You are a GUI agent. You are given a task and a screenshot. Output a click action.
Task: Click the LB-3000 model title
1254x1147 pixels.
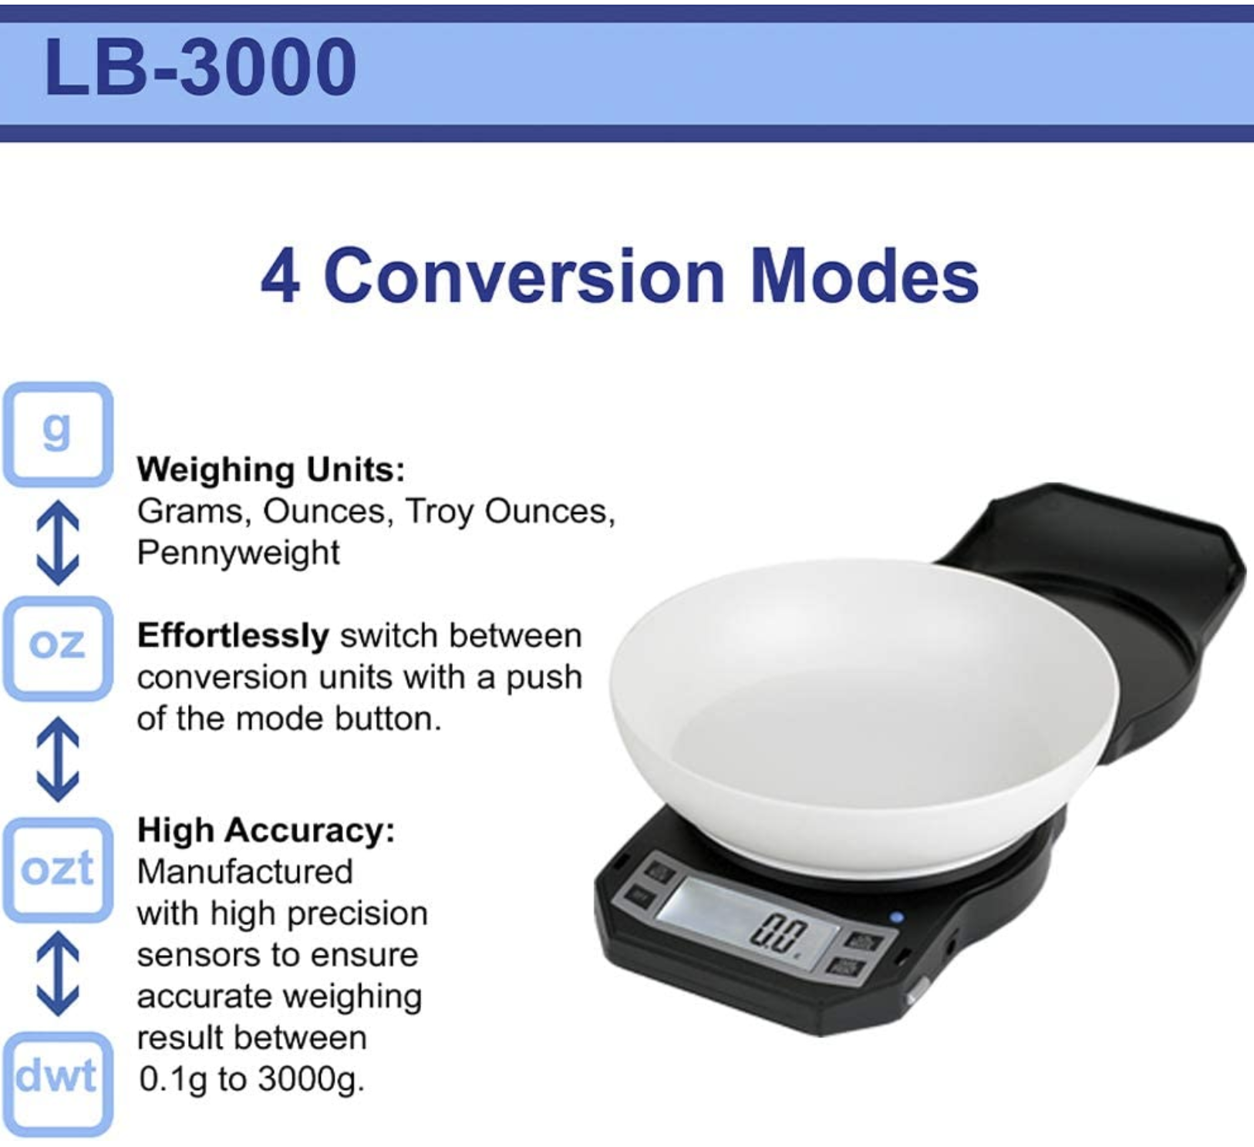[201, 67]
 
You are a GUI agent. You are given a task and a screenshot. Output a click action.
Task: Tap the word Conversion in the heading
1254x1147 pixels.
[524, 276]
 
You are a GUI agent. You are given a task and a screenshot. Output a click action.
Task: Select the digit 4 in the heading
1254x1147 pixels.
[281, 277]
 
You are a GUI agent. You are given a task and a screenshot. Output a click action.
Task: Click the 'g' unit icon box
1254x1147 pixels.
[58, 434]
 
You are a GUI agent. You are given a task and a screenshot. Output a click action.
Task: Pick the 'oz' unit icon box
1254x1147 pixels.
[58, 647]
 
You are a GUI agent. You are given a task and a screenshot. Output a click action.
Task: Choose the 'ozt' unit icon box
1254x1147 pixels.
[58, 869]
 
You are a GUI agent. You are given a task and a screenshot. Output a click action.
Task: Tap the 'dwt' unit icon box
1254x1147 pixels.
[58, 1083]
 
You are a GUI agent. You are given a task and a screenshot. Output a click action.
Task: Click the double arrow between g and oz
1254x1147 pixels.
[58, 543]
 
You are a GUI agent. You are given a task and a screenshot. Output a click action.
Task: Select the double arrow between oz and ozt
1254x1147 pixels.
[58, 758]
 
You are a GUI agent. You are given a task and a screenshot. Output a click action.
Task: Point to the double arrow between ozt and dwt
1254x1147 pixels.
[58, 974]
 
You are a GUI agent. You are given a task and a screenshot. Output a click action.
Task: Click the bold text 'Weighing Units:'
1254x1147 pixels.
[271, 470]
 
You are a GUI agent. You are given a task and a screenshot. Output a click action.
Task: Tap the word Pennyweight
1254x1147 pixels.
[238, 553]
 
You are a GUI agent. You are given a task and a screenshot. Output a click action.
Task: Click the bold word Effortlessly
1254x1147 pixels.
[233, 637]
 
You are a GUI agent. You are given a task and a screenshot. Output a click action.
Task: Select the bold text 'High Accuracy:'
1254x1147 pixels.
[266, 831]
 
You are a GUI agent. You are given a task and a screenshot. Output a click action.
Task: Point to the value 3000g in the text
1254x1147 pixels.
[311, 1080]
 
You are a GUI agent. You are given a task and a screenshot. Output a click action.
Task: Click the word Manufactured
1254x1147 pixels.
[245, 872]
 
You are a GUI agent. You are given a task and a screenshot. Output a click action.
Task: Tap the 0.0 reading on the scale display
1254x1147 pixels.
[780, 934]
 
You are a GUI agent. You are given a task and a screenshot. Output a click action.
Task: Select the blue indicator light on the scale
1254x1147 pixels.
[896, 917]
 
